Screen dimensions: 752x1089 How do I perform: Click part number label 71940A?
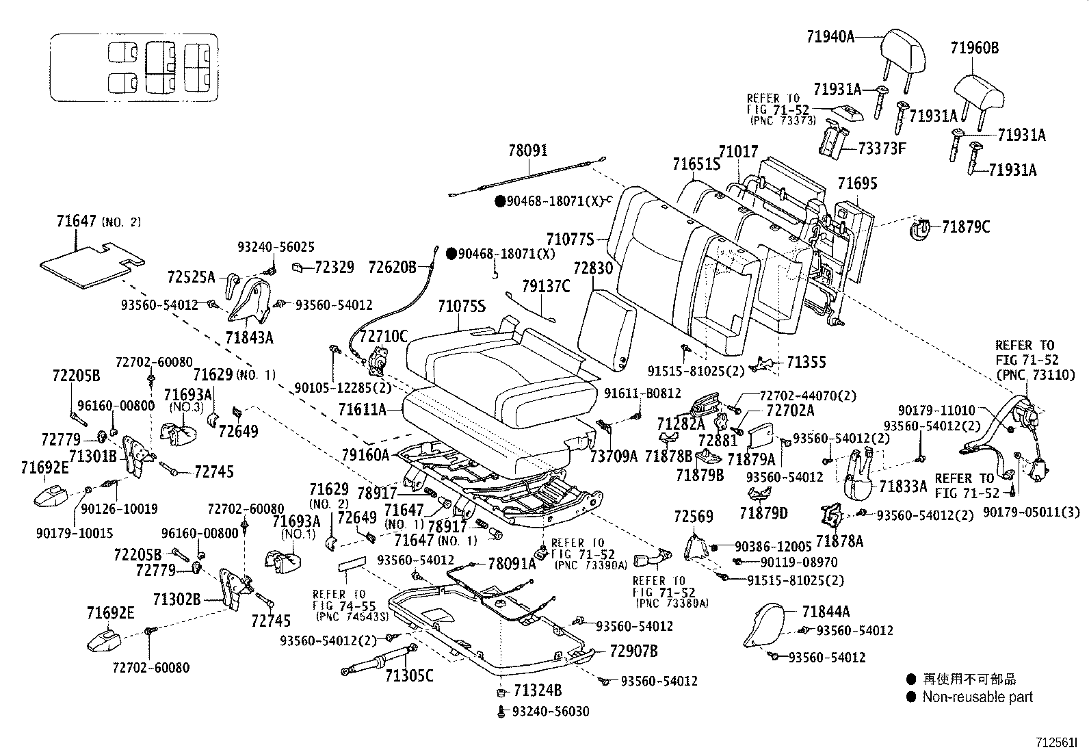click(x=830, y=36)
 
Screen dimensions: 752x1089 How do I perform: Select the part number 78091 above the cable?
click(x=527, y=151)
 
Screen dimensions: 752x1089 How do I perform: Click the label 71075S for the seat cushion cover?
click(x=461, y=306)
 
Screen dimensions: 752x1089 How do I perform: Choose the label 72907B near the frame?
click(x=633, y=651)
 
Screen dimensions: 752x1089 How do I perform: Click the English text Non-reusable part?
click(x=978, y=697)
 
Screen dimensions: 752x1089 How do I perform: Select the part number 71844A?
click(x=826, y=612)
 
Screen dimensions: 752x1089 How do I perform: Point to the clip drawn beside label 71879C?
click(x=921, y=229)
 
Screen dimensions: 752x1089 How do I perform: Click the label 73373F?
click(x=882, y=148)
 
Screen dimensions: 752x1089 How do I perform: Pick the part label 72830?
click(x=593, y=268)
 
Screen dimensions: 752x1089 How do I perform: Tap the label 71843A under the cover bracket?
click(x=249, y=337)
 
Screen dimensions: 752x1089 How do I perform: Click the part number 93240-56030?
click(x=550, y=712)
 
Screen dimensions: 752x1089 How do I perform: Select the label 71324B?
click(x=538, y=690)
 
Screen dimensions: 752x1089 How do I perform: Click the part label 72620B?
click(x=392, y=267)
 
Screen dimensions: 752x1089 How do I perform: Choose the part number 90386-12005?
click(x=773, y=547)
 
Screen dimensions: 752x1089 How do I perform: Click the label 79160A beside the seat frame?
click(x=365, y=454)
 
